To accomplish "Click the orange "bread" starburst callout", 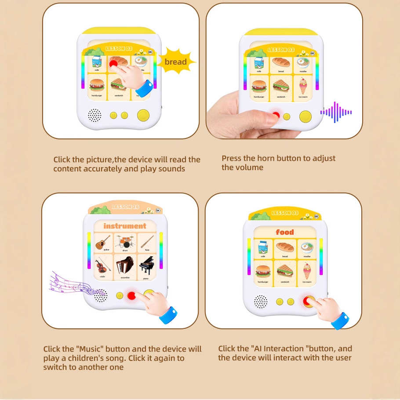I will tap(175, 62).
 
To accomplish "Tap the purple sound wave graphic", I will tap(336, 113).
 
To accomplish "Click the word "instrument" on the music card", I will tap(125, 226).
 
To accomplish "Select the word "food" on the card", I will tap(285, 232).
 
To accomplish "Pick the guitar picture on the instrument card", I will tap(103, 242).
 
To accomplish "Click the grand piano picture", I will tap(146, 265).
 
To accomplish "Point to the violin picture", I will tap(103, 265).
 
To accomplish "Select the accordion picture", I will tap(124, 265).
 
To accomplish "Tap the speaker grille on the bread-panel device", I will tap(95, 116).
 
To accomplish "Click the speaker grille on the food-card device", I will tap(260, 302).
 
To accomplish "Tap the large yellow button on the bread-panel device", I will tap(143, 115).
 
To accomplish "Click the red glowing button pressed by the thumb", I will tap(276, 116).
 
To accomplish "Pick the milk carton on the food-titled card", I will tap(263, 248).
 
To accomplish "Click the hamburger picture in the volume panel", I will tap(259, 85).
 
